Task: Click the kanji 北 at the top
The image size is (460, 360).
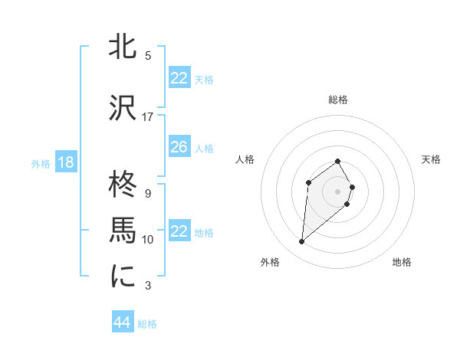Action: [x=123, y=46]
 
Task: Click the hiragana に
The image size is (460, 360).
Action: [x=123, y=277]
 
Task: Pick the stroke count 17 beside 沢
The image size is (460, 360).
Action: [x=148, y=116]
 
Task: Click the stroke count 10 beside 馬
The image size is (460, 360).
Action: [x=148, y=240]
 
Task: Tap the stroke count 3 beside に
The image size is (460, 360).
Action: [x=148, y=286]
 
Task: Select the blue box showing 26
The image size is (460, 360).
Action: [x=179, y=147]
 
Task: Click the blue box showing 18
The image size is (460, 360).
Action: [x=65, y=162]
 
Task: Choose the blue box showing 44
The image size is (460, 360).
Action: [x=122, y=322]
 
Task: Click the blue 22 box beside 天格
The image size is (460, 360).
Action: [x=179, y=78]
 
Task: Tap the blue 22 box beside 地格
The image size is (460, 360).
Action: [x=179, y=231]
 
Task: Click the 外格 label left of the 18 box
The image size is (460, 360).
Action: [x=41, y=163]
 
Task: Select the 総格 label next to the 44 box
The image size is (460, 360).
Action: [x=147, y=324]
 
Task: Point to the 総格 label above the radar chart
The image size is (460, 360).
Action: [x=337, y=100]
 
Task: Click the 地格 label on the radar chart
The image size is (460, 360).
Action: [x=402, y=262]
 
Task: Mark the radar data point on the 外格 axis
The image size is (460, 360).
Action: [x=302, y=242]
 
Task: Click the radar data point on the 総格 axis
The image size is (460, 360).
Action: [x=337, y=161]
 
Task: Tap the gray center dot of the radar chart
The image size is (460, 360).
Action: [x=337, y=191]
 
